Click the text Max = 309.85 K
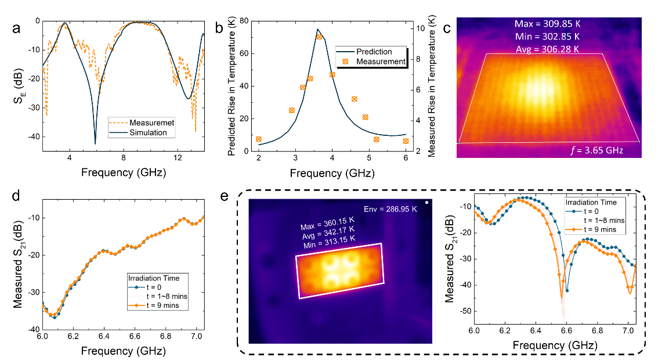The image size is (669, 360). tap(548, 24)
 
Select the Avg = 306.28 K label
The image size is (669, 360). tap(548, 49)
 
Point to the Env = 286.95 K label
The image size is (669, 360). tap(390, 209)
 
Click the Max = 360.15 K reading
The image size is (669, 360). tap(327, 228)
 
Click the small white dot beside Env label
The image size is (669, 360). tap(426, 203)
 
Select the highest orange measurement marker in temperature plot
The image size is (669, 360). tap(319, 37)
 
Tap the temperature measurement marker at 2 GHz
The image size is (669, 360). tap(259, 139)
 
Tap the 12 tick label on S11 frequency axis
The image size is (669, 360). tap(177, 157)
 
